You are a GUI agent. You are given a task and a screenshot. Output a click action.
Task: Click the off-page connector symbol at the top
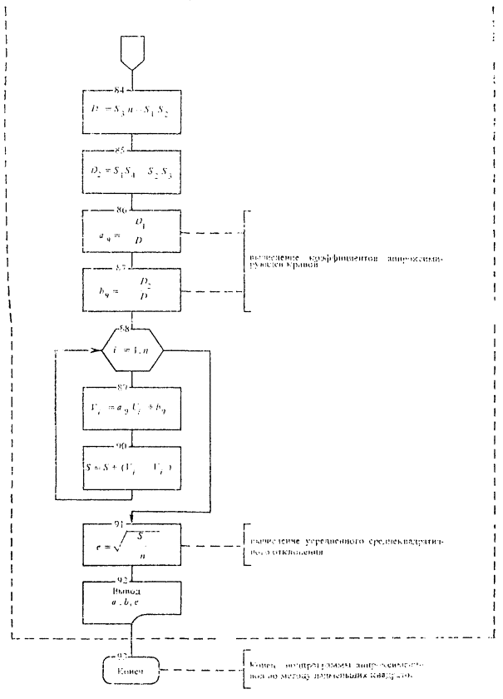click(x=133, y=52)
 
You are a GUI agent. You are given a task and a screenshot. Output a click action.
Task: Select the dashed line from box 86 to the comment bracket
click(x=211, y=235)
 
